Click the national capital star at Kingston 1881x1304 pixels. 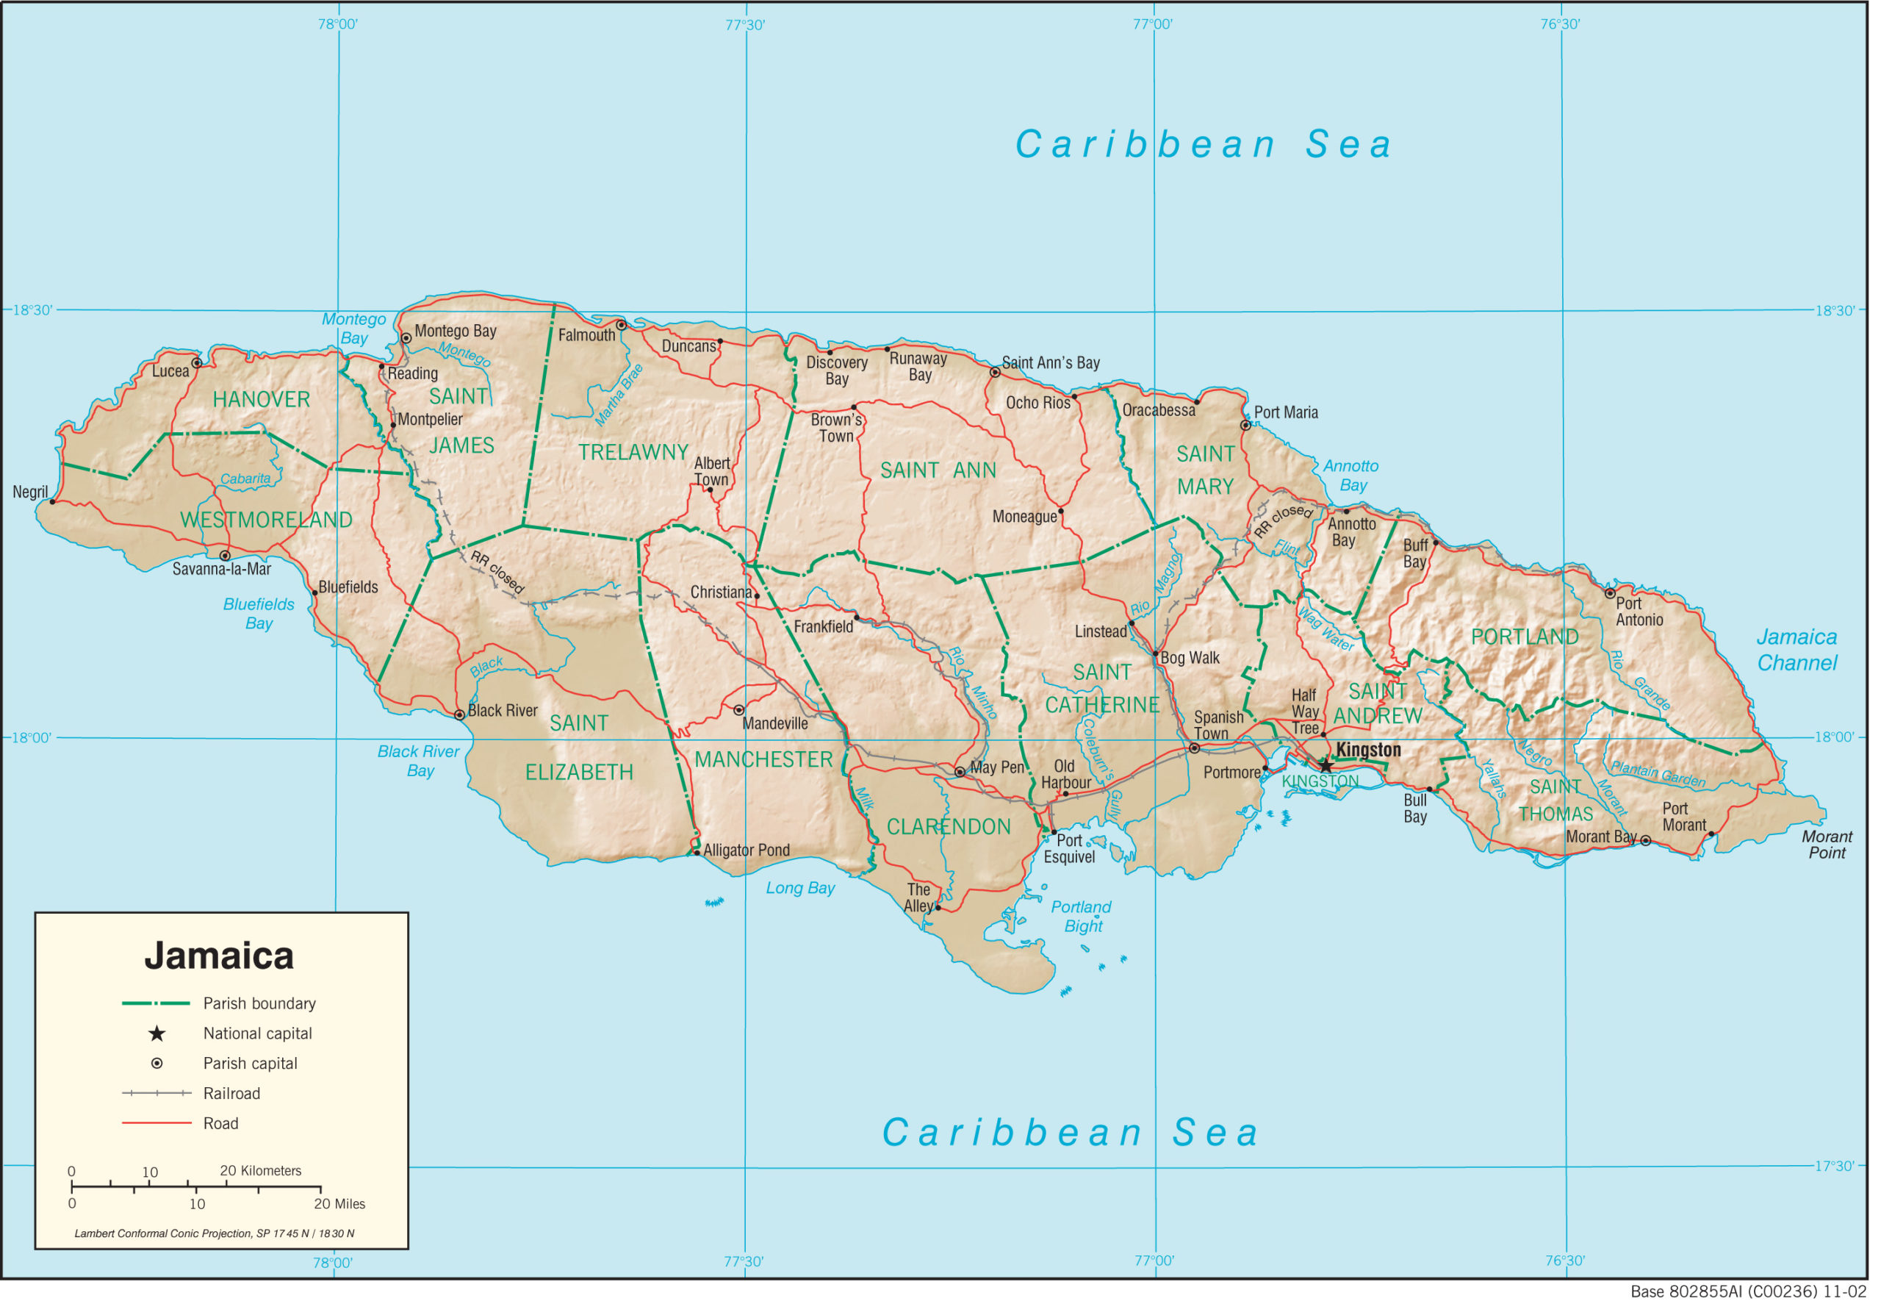(1326, 767)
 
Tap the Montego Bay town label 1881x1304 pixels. (455, 331)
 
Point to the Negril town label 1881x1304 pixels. (30, 492)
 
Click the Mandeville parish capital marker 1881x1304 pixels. (738, 710)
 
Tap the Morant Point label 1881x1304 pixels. (1827, 844)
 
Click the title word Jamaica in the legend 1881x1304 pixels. (219, 956)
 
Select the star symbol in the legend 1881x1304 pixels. (157, 1033)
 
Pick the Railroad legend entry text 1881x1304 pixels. (231, 1093)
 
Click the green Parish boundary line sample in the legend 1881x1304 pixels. (155, 1003)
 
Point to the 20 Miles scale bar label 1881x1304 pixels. (339, 1203)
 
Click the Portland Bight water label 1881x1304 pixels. (1081, 916)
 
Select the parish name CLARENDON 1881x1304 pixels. (949, 827)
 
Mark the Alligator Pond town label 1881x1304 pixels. (746, 850)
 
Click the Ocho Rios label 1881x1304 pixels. (1037, 403)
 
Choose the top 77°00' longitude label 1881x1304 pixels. (1151, 24)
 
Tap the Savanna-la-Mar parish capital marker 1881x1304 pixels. (225, 556)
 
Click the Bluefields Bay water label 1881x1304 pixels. (258, 614)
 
